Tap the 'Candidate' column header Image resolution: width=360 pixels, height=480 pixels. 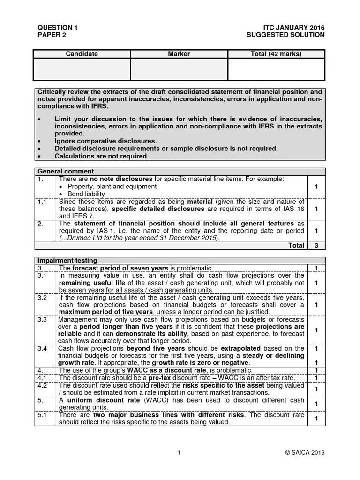click(82, 54)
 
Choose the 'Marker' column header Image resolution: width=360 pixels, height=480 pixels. click(179, 54)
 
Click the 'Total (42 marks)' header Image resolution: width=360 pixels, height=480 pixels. click(276, 54)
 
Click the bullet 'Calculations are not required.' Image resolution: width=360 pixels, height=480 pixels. click(101, 156)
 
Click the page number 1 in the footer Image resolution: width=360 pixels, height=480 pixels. click(180, 452)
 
